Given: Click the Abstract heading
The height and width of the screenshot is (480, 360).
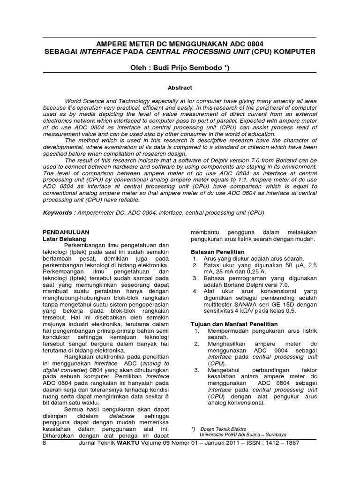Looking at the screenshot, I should click(x=180, y=87).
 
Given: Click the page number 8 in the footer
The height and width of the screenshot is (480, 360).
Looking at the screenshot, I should click(x=45, y=442).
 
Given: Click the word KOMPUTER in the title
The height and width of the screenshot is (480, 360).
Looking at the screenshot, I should click(x=295, y=51).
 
